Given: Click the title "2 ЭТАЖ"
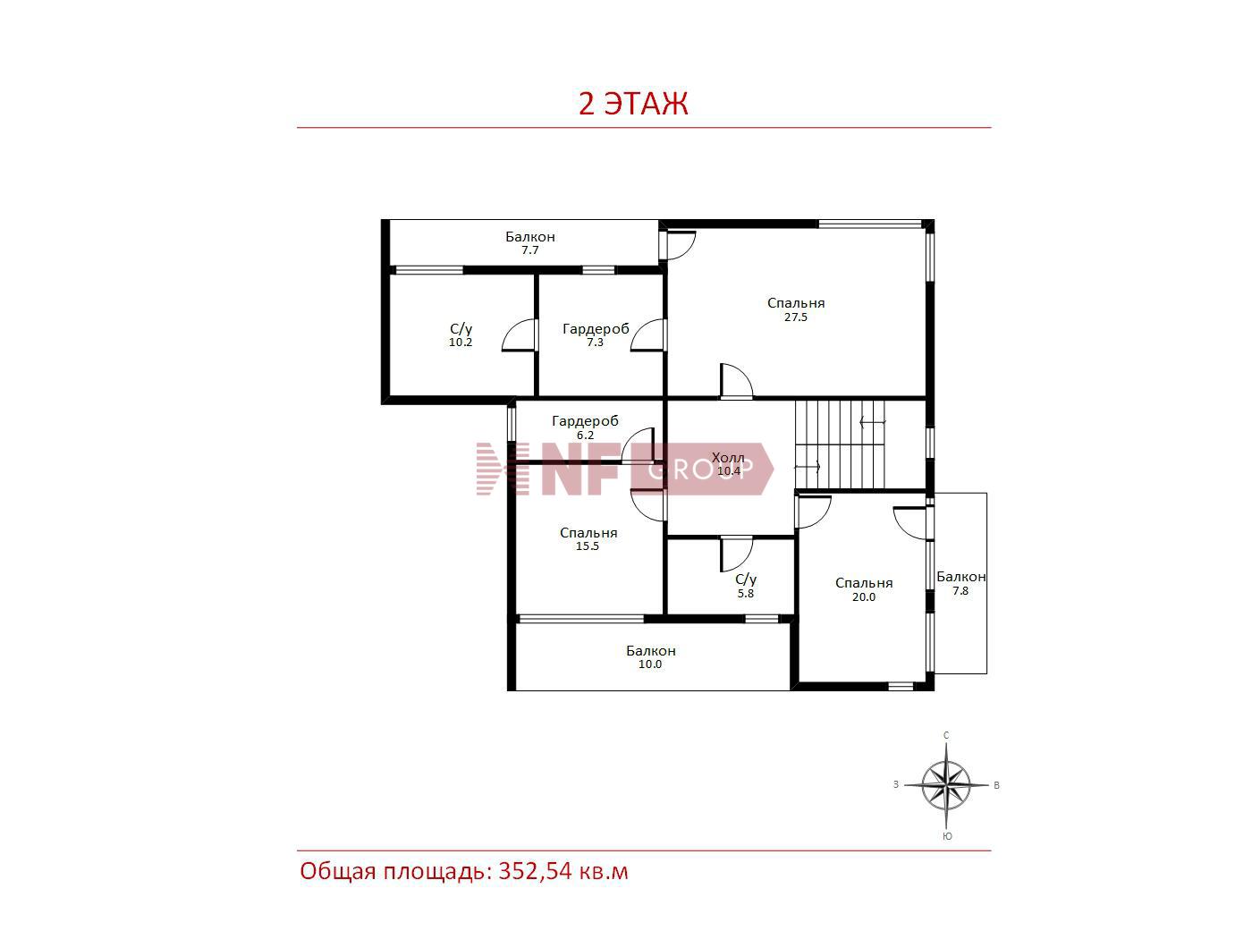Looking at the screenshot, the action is [633, 103].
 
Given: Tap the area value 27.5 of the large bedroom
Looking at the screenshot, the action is [796, 317].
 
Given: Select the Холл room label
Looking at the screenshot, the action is [728, 457].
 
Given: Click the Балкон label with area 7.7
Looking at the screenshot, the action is [530, 236].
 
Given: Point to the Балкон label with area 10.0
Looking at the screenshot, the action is [651, 650].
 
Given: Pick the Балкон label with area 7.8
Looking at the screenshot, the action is [961, 577].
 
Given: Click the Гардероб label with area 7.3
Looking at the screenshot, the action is [596, 329].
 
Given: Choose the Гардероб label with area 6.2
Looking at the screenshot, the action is [585, 421].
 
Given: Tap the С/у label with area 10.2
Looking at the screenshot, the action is [461, 328].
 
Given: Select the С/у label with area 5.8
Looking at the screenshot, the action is [746, 579].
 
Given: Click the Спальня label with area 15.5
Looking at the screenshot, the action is [588, 533].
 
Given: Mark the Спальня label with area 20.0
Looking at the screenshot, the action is [864, 583].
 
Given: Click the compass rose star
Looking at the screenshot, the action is [946, 785].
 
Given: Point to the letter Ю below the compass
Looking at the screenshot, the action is [947, 836].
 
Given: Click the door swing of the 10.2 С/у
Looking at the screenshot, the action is [519, 335].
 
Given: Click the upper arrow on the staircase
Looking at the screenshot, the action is [873, 422].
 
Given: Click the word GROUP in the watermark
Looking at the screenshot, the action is [701, 469].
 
